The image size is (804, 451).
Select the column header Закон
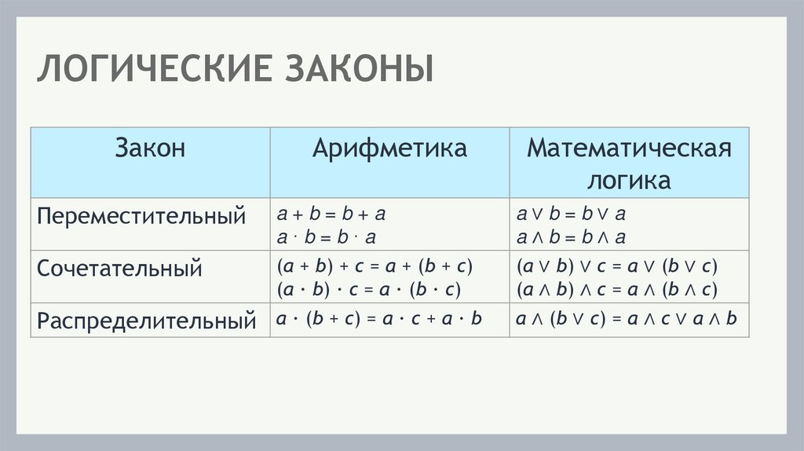pyautogui.click(x=150, y=148)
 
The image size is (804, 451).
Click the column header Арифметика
pyautogui.click(x=389, y=148)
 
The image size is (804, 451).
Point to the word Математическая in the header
pyautogui.click(x=629, y=148)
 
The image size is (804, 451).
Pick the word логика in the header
pyautogui.click(x=629, y=181)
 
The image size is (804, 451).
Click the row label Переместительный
pyautogui.click(x=142, y=216)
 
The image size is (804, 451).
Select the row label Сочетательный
pyautogui.click(x=120, y=269)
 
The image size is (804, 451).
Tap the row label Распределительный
pyautogui.click(x=148, y=321)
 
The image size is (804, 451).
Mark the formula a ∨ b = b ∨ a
pyautogui.click(x=571, y=214)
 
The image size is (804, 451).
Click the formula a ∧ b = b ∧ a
pyautogui.click(x=571, y=237)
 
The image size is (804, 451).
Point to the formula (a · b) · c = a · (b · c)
pyautogui.click(x=368, y=289)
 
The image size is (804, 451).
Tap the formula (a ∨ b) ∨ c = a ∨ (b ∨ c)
pyautogui.click(x=617, y=266)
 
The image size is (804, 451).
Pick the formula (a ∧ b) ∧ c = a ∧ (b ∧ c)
pyautogui.click(x=617, y=289)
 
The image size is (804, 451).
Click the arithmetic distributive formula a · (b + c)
pyautogui.click(x=378, y=319)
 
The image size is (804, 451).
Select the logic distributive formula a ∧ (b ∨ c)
pyautogui.click(x=627, y=319)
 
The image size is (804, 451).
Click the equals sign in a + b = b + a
pyautogui.click(x=331, y=214)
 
